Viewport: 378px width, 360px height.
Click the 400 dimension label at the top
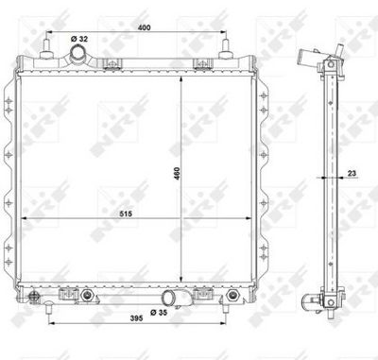click(143, 27)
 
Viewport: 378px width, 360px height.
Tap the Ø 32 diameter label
click(79, 38)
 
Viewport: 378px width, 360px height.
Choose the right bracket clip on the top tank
click(201, 64)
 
